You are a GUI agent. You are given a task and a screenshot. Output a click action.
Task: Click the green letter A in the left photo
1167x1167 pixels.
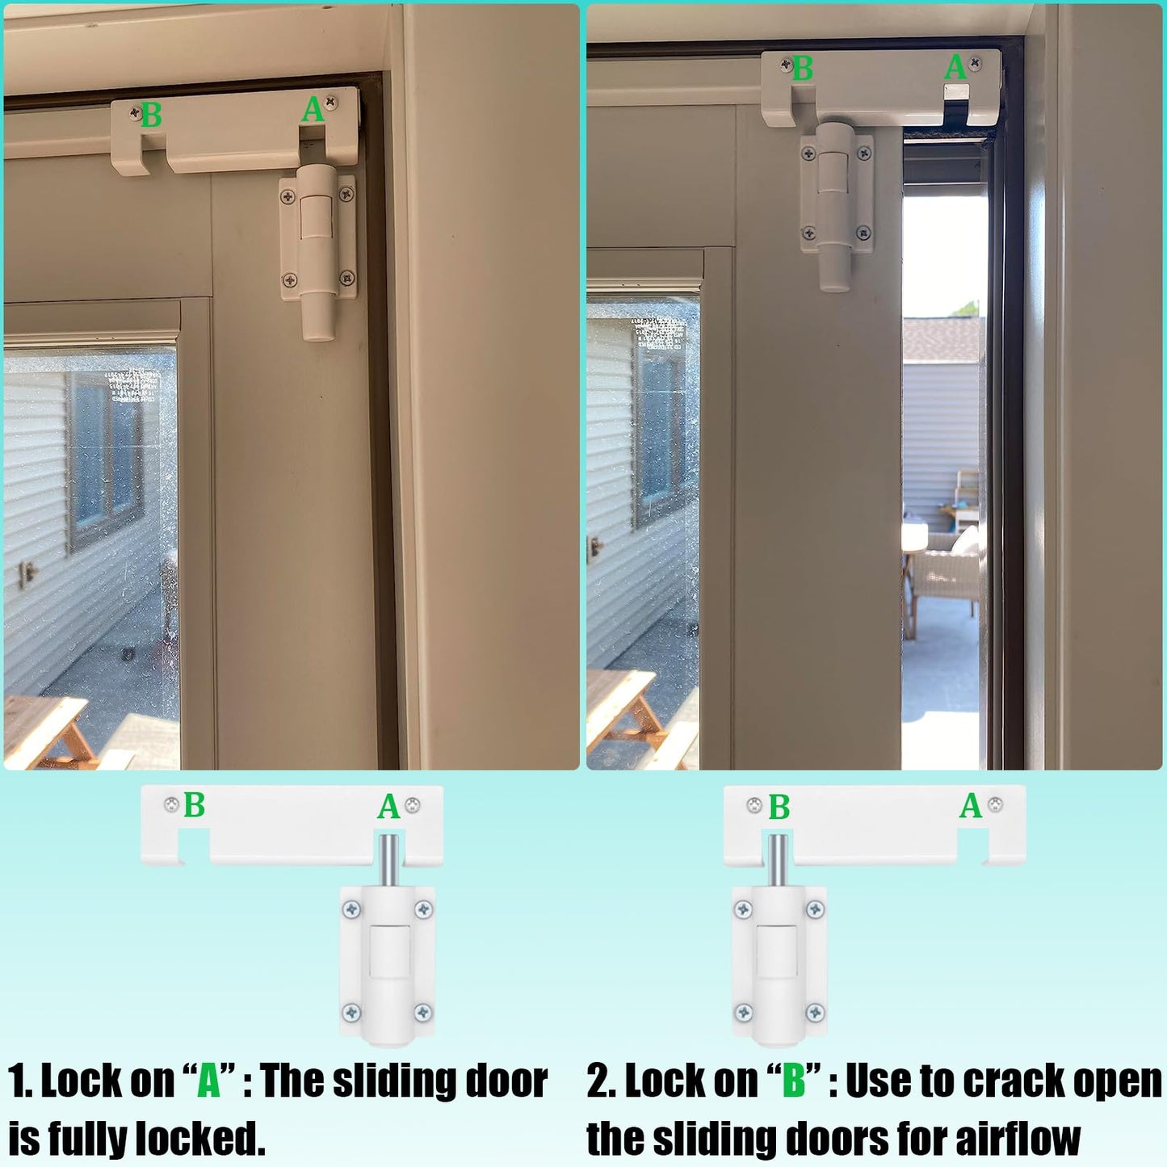[313, 110]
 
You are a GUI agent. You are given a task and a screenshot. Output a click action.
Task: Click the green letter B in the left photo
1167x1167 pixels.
[151, 115]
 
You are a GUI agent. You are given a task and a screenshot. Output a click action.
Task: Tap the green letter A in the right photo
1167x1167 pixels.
[955, 68]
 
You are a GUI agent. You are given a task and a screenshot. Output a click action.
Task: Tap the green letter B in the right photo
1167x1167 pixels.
[802, 69]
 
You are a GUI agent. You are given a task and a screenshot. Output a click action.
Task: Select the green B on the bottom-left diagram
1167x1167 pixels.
[194, 805]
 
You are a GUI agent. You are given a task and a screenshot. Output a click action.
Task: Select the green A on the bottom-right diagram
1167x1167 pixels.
[971, 806]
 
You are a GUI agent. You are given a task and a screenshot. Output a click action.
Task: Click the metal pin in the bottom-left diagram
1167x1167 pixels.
[388, 861]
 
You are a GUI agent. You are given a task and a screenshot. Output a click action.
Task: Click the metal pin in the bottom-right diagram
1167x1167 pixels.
[778, 861]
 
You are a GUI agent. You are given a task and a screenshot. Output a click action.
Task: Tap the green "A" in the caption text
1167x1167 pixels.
[209, 1081]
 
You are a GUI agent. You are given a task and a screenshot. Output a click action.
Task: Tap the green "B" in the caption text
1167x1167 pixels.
[794, 1081]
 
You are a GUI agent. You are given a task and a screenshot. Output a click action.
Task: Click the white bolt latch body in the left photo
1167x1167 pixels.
[317, 250]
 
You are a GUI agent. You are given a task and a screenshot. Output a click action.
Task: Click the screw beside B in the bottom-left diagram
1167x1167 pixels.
[171, 805]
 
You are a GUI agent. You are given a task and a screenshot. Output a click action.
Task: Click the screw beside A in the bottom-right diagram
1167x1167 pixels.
[996, 805]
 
